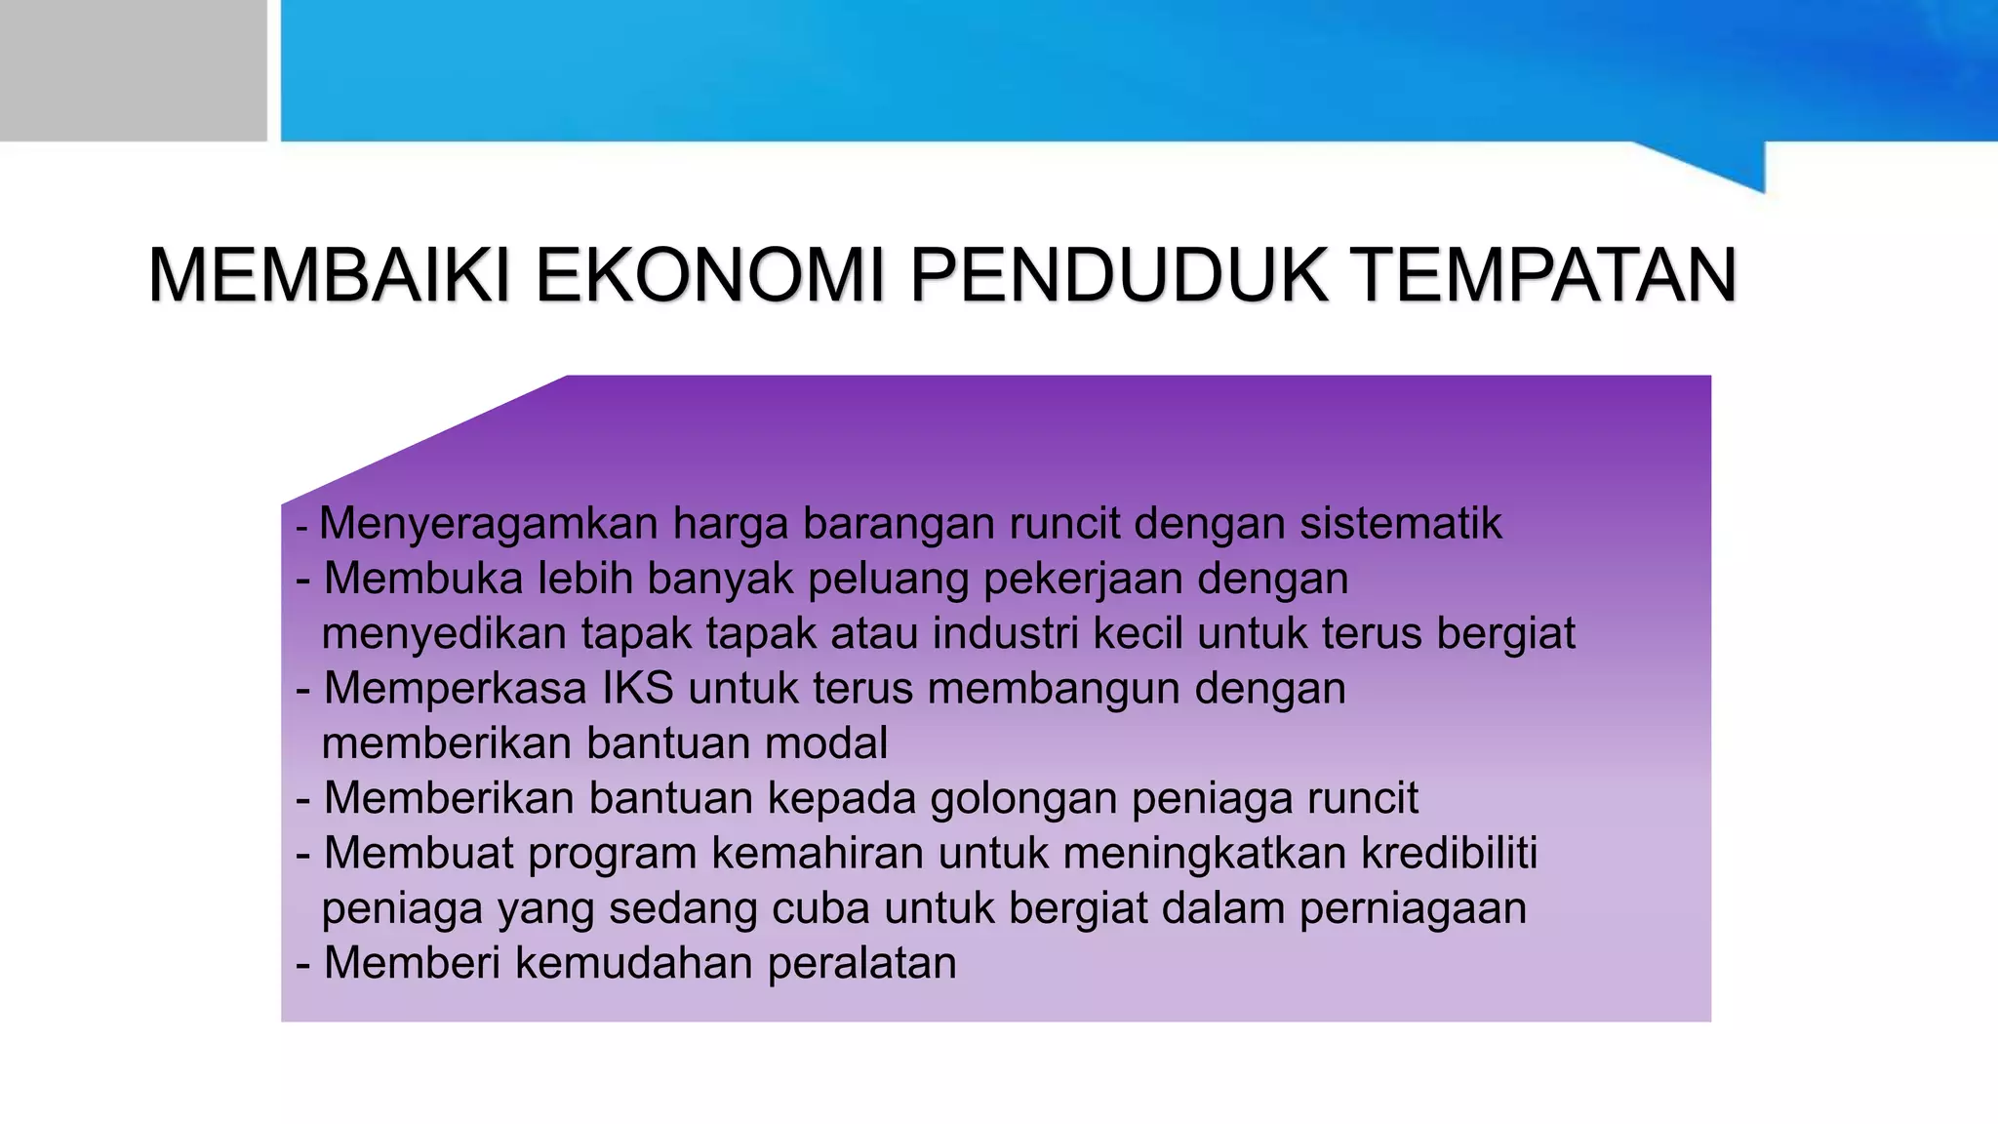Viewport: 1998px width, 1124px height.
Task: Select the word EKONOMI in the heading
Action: (709, 277)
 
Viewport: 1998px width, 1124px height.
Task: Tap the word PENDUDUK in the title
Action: (1118, 277)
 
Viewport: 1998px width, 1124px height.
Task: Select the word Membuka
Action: (423, 579)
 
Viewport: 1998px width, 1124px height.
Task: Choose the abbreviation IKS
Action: (638, 689)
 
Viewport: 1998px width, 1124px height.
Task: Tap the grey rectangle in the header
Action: (133, 70)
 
